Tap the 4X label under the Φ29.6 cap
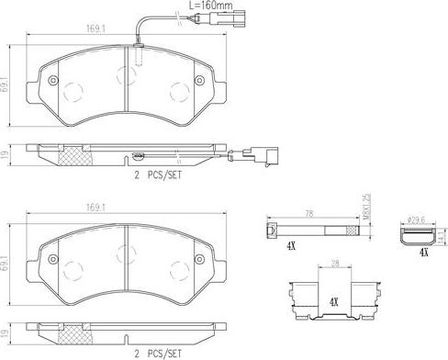[x=423, y=252]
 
